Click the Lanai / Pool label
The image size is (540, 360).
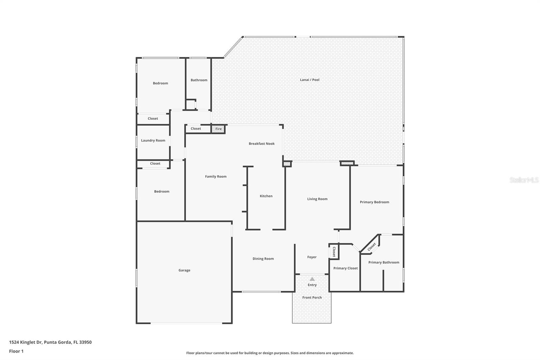click(309, 80)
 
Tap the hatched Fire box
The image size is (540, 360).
click(218, 129)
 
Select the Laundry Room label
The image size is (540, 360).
click(153, 140)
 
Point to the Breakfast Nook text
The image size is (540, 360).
click(262, 144)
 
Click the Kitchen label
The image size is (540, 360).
click(266, 196)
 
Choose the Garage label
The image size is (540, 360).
click(184, 271)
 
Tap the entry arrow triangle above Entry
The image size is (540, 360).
click(312, 279)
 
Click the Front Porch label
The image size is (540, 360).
click(312, 298)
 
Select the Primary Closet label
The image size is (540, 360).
click(345, 268)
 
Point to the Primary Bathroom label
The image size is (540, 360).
click(383, 262)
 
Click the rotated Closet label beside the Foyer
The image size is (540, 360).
click(334, 252)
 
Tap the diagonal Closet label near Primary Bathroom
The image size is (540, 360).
click(372, 247)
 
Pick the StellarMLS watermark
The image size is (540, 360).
click(524, 180)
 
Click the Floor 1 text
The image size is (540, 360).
click(16, 351)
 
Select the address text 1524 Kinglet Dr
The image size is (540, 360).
click(50, 342)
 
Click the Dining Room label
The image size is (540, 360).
click(263, 259)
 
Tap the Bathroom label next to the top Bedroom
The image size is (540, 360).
click(199, 80)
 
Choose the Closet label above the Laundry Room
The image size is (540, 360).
click(153, 119)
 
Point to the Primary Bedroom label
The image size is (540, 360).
click(374, 202)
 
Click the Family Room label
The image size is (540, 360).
click(216, 177)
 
